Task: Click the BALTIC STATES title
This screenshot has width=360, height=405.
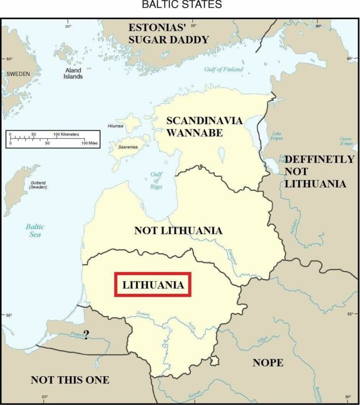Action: pyautogui.click(x=181, y=5)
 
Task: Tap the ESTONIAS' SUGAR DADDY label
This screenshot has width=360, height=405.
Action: pyautogui.click(x=168, y=34)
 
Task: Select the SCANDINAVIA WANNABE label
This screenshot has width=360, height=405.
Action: pyautogui.click(x=205, y=126)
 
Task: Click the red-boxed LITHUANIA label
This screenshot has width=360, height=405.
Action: pyautogui.click(x=153, y=285)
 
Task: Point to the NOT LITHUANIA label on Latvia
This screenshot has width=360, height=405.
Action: pyautogui.click(x=178, y=231)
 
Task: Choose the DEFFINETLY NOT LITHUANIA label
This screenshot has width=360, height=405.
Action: pyautogui.click(x=319, y=171)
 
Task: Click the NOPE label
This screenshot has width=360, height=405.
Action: pyautogui.click(x=268, y=362)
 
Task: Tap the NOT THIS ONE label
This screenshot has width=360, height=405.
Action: pyautogui.click(x=70, y=380)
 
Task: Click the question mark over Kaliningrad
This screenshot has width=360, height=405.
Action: pyautogui.click(x=86, y=334)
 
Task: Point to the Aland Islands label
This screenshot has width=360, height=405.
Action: pyautogui.click(x=73, y=73)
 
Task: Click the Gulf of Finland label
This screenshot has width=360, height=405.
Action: pyautogui.click(x=224, y=69)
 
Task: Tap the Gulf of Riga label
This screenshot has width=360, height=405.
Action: pyautogui.click(x=156, y=180)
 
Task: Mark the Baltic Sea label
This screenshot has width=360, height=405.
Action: pyautogui.click(x=35, y=230)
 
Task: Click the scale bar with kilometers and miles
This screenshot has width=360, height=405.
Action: pyautogui.click(x=52, y=139)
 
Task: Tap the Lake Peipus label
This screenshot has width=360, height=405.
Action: pyautogui.click(x=277, y=136)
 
